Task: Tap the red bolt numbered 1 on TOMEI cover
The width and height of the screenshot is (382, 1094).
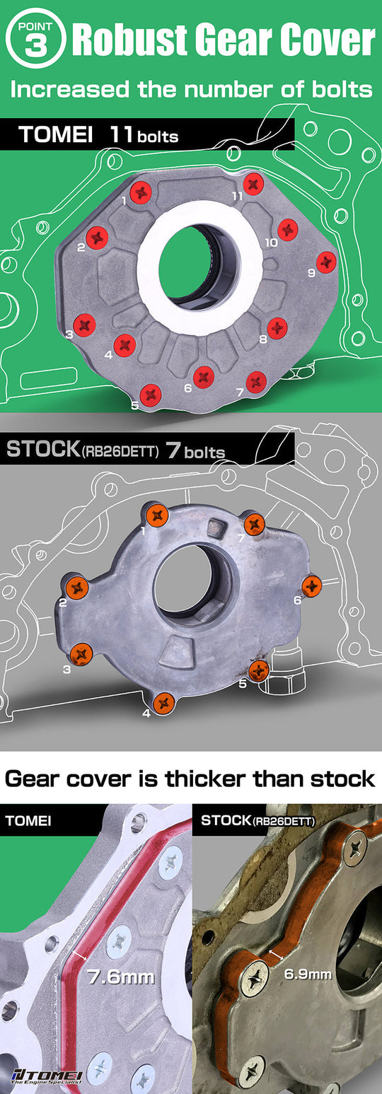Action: pos(141,190)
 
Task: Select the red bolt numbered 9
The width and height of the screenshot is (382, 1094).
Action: pos(326,261)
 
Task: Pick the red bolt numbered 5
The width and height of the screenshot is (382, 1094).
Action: pos(150,395)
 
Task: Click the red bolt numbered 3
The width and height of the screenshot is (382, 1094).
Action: pos(84,324)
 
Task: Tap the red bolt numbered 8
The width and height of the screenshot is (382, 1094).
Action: pos(277,327)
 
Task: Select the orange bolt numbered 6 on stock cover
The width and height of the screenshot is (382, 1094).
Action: pos(312,586)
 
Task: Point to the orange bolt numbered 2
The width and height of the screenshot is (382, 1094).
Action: pos(76,586)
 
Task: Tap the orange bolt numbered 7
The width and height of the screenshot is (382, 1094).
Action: pos(254,524)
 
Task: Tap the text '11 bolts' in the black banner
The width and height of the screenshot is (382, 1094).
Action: pos(144,134)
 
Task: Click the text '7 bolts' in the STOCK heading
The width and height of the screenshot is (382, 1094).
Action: pos(195,451)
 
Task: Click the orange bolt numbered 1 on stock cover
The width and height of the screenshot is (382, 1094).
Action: pos(155,513)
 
